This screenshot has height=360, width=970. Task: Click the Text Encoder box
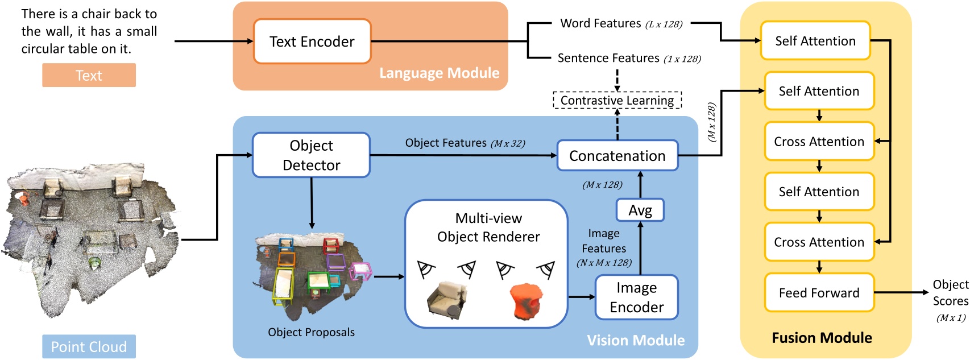312,42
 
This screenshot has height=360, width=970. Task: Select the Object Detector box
311,155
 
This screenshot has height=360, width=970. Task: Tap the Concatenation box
617,156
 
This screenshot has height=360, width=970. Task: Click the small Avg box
640,210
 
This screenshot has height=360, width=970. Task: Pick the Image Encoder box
636,297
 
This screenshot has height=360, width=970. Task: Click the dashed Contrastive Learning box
617,101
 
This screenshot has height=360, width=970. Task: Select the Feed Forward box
819,293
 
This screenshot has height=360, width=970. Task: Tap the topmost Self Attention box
815,41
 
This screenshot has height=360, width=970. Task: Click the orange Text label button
89,75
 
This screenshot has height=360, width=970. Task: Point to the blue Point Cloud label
89,346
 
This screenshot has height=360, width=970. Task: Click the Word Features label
600,23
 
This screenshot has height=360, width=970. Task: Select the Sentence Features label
608,58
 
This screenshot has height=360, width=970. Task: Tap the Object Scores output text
950,293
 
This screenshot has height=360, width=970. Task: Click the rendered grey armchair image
446,300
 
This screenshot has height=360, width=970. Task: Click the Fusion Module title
821,338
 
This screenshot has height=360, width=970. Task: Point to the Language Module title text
439,73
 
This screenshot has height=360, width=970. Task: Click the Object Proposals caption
311,332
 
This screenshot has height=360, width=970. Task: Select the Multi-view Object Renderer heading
488,227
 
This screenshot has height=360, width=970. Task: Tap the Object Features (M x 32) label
465,143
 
